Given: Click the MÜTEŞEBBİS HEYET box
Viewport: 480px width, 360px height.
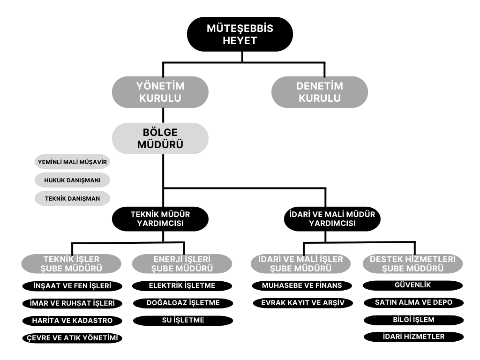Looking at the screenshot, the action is (x=240, y=34).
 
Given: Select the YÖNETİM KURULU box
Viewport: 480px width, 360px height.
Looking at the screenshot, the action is (x=160, y=92).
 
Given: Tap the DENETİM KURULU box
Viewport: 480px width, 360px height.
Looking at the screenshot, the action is (x=320, y=92).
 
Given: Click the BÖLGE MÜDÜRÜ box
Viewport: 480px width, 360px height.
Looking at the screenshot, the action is (x=160, y=138).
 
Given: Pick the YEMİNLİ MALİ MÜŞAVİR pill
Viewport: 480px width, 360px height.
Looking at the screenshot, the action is (x=72, y=162).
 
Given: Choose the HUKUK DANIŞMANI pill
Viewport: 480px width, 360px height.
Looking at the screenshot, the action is (x=72, y=180).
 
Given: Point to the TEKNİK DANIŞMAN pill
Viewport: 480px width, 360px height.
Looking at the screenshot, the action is (x=72, y=198).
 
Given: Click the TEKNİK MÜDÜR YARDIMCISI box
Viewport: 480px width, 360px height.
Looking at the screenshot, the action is (x=160, y=219).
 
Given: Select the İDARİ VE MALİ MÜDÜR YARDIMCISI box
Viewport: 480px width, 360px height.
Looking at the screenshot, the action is (x=332, y=219).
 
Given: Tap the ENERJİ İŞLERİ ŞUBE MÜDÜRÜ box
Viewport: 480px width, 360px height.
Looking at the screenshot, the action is (x=182, y=263).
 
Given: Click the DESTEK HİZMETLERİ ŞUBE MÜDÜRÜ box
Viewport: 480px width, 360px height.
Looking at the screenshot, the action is (x=412, y=263).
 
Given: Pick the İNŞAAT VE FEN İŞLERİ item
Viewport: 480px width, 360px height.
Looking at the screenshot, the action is (x=72, y=286).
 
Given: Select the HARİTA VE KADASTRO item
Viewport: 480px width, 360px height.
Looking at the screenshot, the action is (x=72, y=321).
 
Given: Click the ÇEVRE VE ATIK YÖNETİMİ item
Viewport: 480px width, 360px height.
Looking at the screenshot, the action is (x=72, y=338).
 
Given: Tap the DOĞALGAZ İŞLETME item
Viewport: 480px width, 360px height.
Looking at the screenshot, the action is (x=183, y=303).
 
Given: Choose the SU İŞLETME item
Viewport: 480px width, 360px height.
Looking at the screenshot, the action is (x=183, y=321).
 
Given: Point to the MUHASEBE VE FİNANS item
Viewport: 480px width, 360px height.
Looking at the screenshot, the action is (x=302, y=285).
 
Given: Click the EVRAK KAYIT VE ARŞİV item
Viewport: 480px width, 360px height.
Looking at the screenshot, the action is (x=303, y=303).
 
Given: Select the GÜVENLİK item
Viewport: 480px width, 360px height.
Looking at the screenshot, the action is (x=412, y=285).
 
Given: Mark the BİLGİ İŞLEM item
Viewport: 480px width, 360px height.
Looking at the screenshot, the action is (x=413, y=320).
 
